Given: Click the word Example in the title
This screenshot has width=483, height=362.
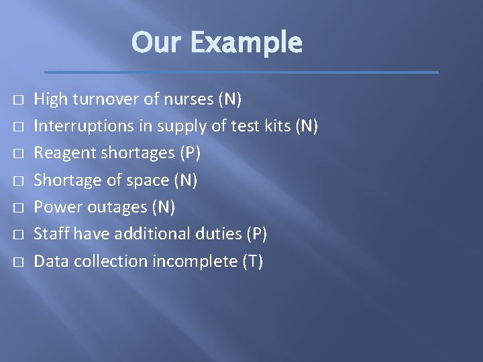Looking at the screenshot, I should pyautogui.click(x=246, y=43).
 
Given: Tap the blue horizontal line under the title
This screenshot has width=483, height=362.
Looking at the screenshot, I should pyautogui.click(x=241, y=72).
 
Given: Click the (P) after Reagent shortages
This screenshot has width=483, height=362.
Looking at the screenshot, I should pyautogui.click(x=189, y=154).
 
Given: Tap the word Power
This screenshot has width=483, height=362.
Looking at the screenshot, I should pyautogui.click(x=54, y=207).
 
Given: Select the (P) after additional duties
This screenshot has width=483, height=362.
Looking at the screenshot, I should pyautogui.click(x=256, y=234).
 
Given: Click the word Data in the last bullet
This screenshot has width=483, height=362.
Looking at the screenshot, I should pyautogui.click(x=50, y=261).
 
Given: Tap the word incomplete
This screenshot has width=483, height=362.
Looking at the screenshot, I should pyautogui.click(x=194, y=261).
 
